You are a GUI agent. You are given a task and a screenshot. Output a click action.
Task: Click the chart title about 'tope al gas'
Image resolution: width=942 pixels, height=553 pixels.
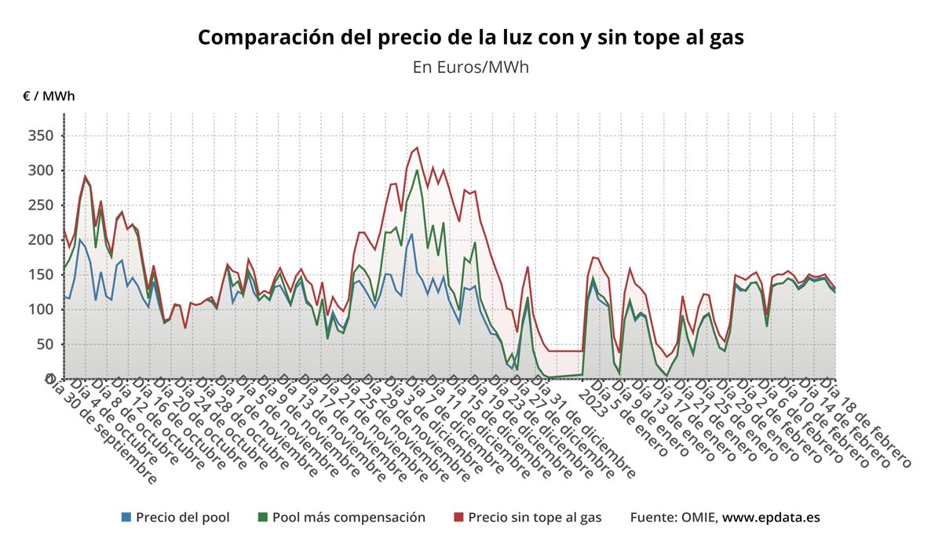point(470,37)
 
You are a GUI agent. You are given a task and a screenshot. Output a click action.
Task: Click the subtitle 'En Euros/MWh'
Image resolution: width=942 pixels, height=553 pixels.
point(470,67)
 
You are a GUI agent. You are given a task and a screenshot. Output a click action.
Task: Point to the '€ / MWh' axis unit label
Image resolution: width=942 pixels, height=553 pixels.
point(49,96)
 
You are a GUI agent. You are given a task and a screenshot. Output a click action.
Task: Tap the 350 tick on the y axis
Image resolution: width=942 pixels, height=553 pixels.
point(40,136)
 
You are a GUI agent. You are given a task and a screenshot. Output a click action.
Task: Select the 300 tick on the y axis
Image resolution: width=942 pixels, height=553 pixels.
point(40,170)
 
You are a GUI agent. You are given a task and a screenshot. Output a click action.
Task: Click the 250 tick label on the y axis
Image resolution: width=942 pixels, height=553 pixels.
point(40,205)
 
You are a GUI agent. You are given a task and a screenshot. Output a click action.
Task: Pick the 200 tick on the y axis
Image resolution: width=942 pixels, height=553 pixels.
point(40,240)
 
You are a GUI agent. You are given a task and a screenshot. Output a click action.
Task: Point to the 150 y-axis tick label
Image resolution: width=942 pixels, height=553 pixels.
point(40,275)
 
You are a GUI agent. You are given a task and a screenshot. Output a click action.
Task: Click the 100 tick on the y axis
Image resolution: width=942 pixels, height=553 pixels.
point(40,309)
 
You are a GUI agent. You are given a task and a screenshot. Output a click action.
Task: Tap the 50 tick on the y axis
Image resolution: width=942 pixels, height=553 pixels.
point(44,344)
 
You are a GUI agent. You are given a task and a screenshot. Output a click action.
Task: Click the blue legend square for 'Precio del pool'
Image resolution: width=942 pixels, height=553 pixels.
point(126,518)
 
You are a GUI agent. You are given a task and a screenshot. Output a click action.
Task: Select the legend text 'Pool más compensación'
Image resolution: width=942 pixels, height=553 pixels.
point(349,518)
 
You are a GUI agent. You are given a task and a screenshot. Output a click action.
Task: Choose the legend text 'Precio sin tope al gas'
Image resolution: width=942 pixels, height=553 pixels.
point(535,518)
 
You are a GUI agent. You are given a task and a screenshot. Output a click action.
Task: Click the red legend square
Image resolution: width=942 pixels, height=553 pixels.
point(459,518)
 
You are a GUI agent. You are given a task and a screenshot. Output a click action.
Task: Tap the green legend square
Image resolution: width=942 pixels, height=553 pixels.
point(263,518)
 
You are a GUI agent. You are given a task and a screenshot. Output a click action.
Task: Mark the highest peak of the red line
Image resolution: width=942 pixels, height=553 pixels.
point(416,147)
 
